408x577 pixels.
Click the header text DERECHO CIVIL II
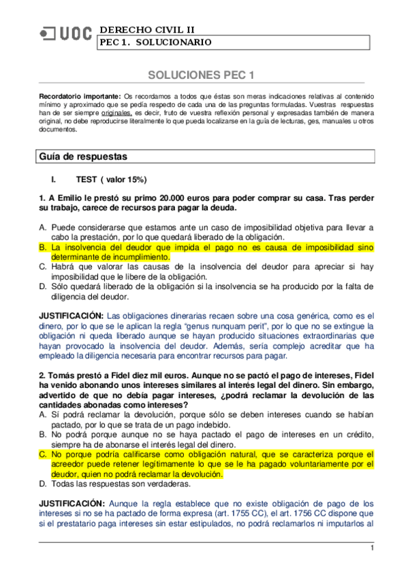[146, 29]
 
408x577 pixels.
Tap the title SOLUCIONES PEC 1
[202, 74]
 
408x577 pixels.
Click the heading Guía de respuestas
[83, 156]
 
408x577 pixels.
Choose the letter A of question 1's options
[42, 227]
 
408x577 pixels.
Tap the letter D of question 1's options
[42, 287]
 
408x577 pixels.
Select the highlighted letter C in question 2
[42, 454]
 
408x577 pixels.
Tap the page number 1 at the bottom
[372, 548]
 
